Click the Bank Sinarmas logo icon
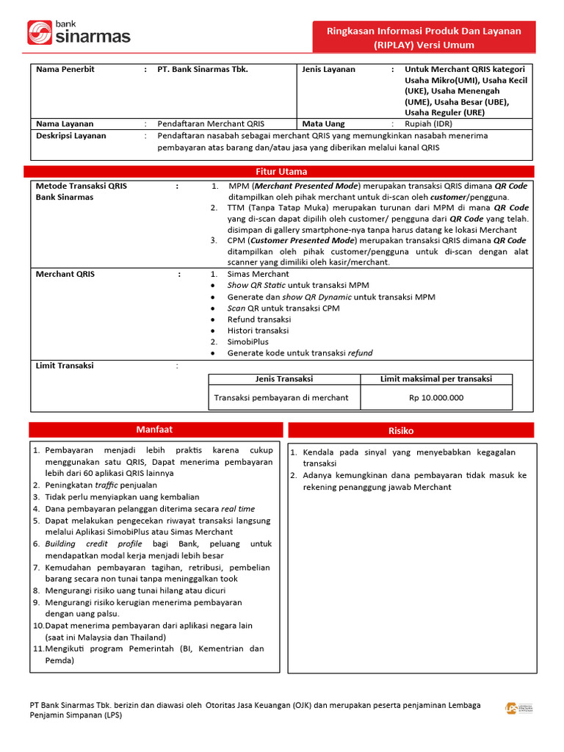(39, 33)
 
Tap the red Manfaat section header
(154, 430)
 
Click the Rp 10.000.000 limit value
(436, 397)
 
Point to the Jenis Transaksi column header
(284, 379)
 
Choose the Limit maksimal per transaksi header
(435, 379)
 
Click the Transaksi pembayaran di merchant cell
(281, 397)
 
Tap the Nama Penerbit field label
(65, 69)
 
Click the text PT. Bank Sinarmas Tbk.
(203, 69)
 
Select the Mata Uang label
(323, 124)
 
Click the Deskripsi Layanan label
(70, 136)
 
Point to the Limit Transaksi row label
(65, 365)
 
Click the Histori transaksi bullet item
(258, 330)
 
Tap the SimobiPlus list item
(248, 341)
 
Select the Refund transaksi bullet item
(259, 319)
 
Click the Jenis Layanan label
(328, 69)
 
